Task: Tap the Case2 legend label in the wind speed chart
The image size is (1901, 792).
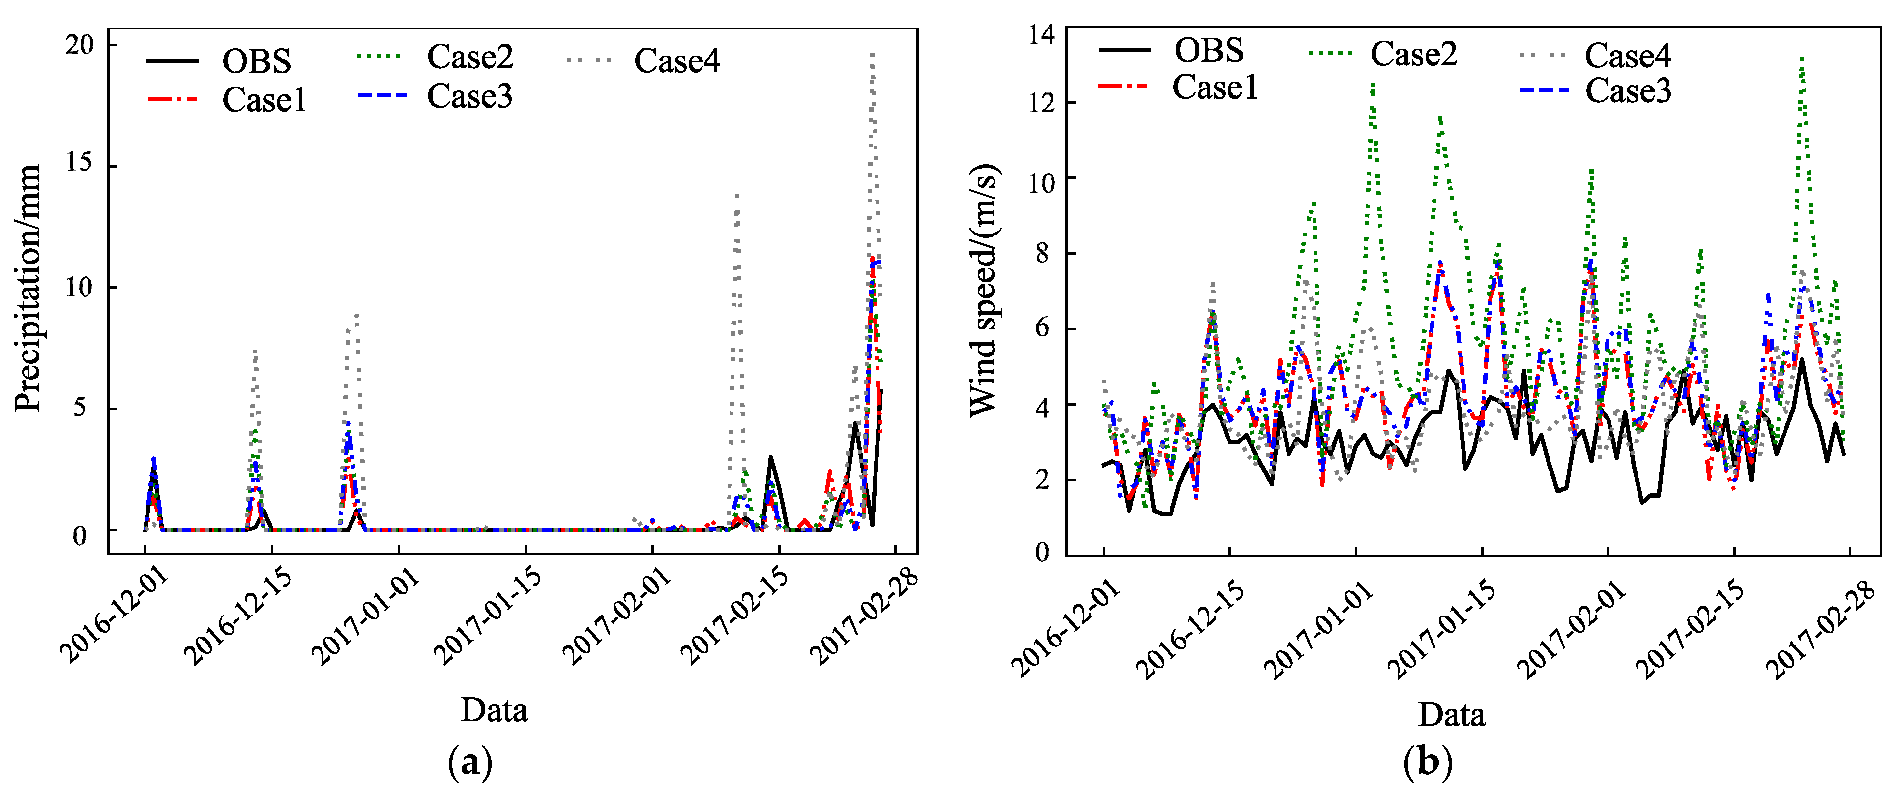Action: [x=1413, y=54]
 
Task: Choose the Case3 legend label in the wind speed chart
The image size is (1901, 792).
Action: [x=1627, y=91]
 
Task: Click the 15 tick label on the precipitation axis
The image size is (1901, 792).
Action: [x=80, y=163]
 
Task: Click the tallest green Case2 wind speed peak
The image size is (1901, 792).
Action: [x=1802, y=59]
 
